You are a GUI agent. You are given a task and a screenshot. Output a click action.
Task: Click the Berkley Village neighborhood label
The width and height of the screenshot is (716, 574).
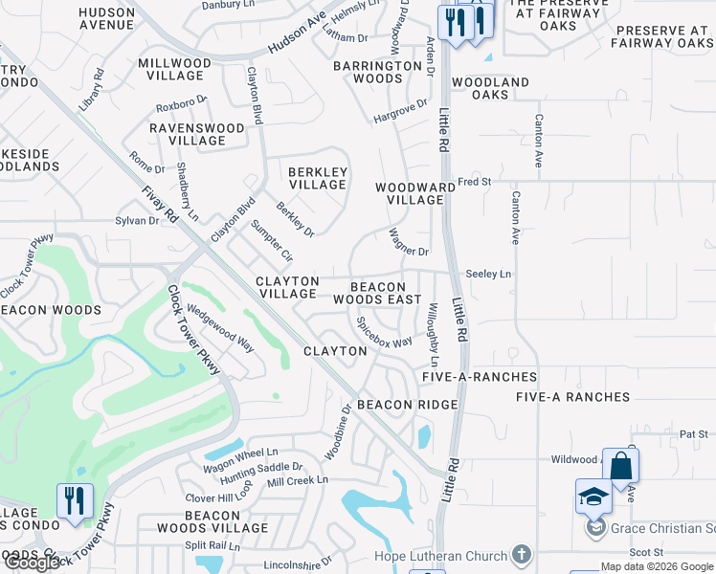[317, 178]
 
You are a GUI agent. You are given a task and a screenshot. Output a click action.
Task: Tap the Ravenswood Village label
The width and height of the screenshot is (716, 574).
[196, 134]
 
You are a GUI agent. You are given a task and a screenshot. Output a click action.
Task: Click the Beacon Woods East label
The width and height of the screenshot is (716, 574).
[377, 293]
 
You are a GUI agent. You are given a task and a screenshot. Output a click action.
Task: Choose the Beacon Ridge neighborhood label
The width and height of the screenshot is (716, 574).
[408, 405]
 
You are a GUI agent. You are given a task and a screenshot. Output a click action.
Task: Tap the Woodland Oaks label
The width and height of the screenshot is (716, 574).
[490, 89]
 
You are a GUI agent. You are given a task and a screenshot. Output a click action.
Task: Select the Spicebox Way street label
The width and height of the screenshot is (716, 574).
[385, 332]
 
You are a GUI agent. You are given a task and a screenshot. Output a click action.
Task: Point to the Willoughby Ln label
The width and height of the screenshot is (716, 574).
[434, 335]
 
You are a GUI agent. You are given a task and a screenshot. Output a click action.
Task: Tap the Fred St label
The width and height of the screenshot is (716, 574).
[474, 181]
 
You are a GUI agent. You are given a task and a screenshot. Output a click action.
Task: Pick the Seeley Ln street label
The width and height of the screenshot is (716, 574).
[488, 274]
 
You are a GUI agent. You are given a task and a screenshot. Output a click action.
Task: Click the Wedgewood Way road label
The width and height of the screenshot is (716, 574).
[220, 328]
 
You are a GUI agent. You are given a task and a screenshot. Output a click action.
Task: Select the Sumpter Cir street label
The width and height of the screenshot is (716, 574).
[271, 241]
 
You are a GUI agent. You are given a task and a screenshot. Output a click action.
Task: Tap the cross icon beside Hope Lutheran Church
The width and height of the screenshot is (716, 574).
[521, 555]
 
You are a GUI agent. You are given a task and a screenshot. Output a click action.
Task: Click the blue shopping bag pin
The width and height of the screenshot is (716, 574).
[620, 468]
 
